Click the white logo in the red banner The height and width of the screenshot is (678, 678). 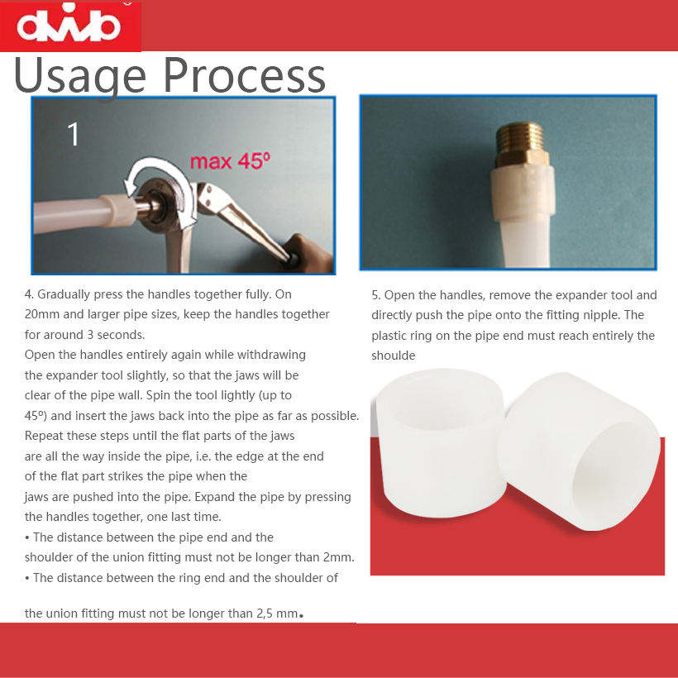pyautogui.click(x=69, y=24)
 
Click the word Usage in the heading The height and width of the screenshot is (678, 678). pyautogui.click(x=80, y=77)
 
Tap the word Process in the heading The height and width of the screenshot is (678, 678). pyautogui.click(x=244, y=76)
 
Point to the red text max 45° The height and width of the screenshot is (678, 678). pyautogui.click(x=230, y=161)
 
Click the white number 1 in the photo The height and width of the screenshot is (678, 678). pyautogui.click(x=74, y=134)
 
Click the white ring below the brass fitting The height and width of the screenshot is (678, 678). pyautogui.click(x=523, y=193)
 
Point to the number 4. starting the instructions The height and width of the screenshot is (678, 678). pyautogui.click(x=29, y=294)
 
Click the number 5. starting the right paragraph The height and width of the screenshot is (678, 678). pyautogui.click(x=375, y=295)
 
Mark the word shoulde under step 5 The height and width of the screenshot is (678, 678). pyautogui.click(x=394, y=356)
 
